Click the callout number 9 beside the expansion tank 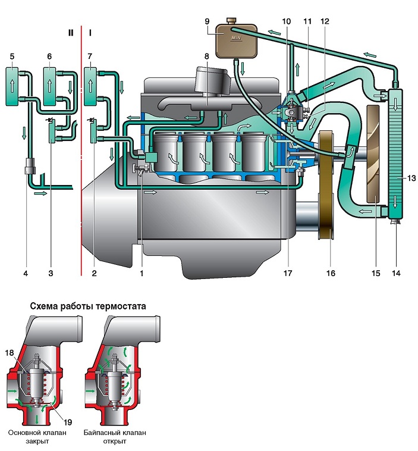coord(207,21)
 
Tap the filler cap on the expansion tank coord(231,20)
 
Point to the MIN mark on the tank coord(235,37)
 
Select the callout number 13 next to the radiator coord(411,178)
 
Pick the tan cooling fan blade coord(376,154)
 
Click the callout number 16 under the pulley coord(331,273)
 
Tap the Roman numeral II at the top coord(71,33)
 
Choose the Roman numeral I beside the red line coord(90,33)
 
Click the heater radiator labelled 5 coord(12,86)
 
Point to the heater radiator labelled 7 coord(90,86)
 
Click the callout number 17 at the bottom coord(288,273)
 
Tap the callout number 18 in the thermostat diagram coord(10,353)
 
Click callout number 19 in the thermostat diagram coord(68,422)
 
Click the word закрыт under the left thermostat coord(37,441)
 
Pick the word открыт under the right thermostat coord(114,441)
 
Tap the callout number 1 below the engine coord(142,273)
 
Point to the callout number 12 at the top coord(325,21)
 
